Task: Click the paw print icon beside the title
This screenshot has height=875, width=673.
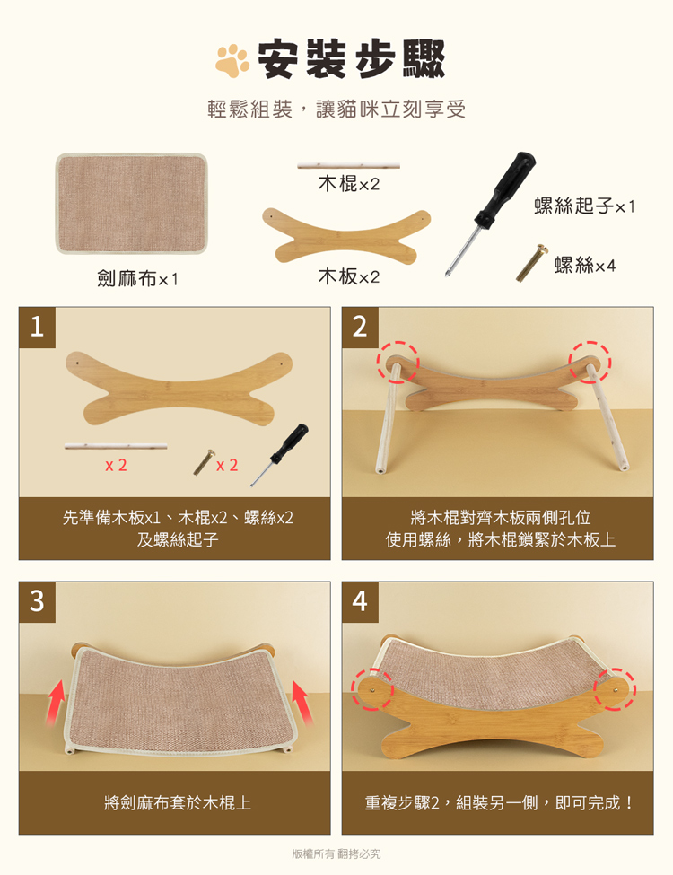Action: point(232,60)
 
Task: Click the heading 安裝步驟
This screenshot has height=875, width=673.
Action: point(352,59)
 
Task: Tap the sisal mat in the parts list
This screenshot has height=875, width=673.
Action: point(132,204)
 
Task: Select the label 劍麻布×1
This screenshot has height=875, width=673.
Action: point(138,278)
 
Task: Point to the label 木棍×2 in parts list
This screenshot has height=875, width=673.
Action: point(349,184)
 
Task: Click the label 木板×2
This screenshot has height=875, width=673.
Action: point(349,276)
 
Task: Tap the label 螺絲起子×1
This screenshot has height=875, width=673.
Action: point(584,206)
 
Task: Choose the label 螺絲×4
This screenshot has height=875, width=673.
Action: point(585,265)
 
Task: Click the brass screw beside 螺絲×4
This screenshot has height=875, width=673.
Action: point(532,262)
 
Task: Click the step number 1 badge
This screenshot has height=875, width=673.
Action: point(38,327)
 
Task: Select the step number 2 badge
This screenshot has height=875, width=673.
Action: point(360,327)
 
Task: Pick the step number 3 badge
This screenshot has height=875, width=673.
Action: point(38,601)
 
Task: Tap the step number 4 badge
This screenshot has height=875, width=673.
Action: point(360,601)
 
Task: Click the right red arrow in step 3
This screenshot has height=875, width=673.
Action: point(302,703)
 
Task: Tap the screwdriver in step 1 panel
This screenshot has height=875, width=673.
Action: point(280,454)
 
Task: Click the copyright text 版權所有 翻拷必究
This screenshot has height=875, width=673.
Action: point(336,853)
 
